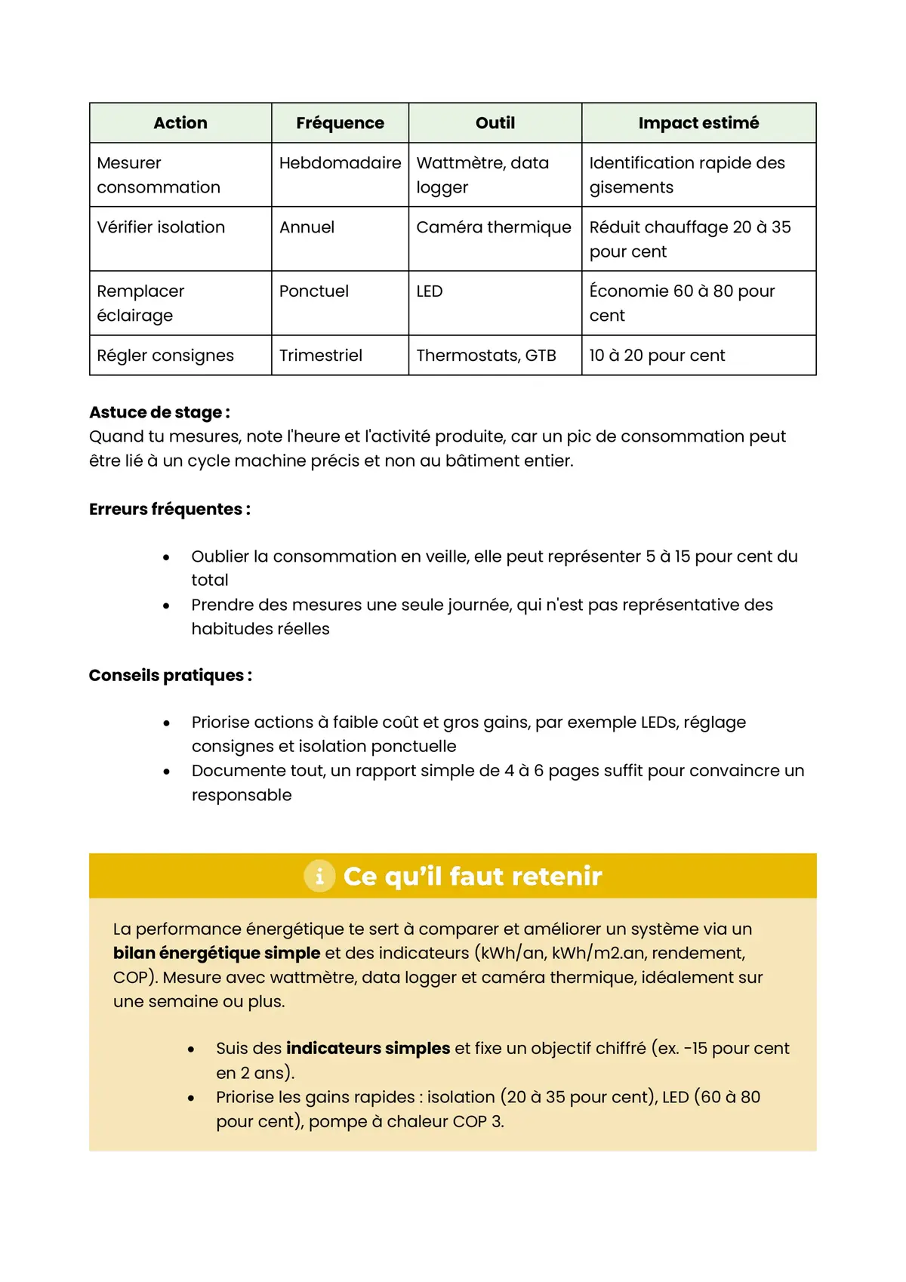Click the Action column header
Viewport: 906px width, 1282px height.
pyautogui.click(x=180, y=123)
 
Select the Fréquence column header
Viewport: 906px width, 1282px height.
pyautogui.click(x=340, y=123)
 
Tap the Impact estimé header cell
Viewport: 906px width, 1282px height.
pyautogui.click(x=698, y=123)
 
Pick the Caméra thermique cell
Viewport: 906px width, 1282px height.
pyautogui.click(x=494, y=227)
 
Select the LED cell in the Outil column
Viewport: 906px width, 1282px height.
pyautogui.click(x=430, y=291)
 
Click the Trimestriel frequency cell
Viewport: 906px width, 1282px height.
pyautogui.click(x=321, y=356)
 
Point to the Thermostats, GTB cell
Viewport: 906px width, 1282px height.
pyautogui.click(x=486, y=356)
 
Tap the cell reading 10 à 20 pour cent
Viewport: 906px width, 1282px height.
pyautogui.click(x=657, y=356)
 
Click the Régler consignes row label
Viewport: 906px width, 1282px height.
pyautogui.click(x=165, y=356)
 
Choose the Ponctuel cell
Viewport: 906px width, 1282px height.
pyautogui.click(x=314, y=291)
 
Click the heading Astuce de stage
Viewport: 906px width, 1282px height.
pyautogui.click(x=159, y=412)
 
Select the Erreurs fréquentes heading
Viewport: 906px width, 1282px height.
pyautogui.click(x=169, y=509)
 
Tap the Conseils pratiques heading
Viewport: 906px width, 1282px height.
pyautogui.click(x=170, y=675)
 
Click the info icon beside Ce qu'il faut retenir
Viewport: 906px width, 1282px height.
pyautogui.click(x=319, y=876)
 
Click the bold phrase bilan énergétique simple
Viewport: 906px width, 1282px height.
pyautogui.click(x=217, y=953)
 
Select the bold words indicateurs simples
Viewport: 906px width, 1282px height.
pyautogui.click(x=368, y=1048)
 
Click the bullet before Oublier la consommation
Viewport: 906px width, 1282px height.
pyautogui.click(x=166, y=557)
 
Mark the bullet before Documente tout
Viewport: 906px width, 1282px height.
pyautogui.click(x=166, y=772)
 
